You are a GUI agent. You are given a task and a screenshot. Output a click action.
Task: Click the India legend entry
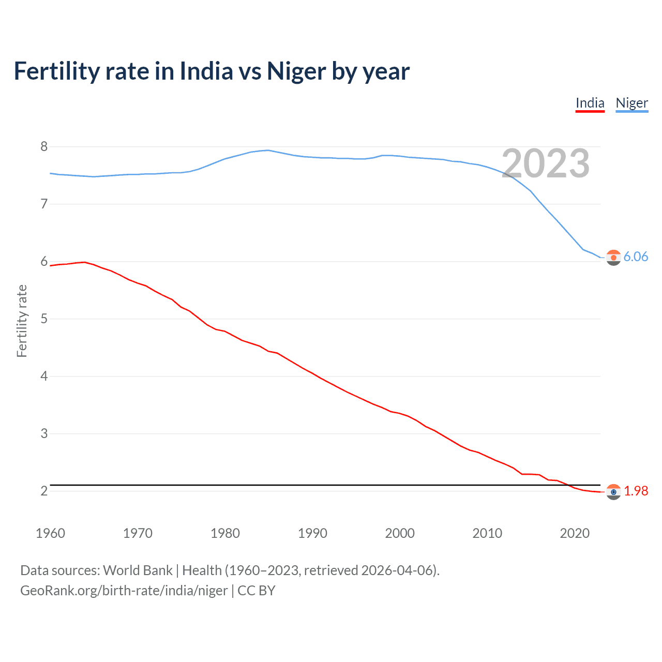(590, 103)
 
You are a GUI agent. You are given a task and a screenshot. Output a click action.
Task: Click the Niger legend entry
(631, 103)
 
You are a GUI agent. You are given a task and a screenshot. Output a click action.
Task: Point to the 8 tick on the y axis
(44, 147)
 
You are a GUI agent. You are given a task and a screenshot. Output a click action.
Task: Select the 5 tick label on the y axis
(44, 319)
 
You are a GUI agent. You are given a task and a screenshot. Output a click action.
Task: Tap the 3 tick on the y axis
(44, 433)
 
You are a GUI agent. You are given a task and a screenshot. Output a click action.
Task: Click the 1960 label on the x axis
(50, 533)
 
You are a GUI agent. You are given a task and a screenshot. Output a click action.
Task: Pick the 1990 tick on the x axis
(312, 533)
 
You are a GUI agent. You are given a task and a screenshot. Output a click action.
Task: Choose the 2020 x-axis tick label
(575, 533)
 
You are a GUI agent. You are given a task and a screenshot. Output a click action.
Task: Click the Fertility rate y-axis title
(22, 321)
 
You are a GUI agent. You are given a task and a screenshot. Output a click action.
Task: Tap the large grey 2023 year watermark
(546, 164)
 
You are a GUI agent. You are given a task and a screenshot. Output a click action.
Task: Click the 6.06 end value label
(636, 257)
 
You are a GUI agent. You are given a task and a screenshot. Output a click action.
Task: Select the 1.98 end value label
(636, 491)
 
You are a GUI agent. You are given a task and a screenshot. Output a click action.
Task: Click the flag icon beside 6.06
(613, 257)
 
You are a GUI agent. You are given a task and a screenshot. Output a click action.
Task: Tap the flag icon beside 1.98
(613, 492)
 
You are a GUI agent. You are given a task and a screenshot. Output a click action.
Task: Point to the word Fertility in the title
(56, 71)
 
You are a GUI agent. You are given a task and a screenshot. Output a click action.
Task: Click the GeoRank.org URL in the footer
(124, 591)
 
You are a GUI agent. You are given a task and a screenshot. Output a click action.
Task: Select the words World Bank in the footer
(138, 570)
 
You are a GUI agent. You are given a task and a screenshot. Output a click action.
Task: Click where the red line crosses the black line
(568, 485)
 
